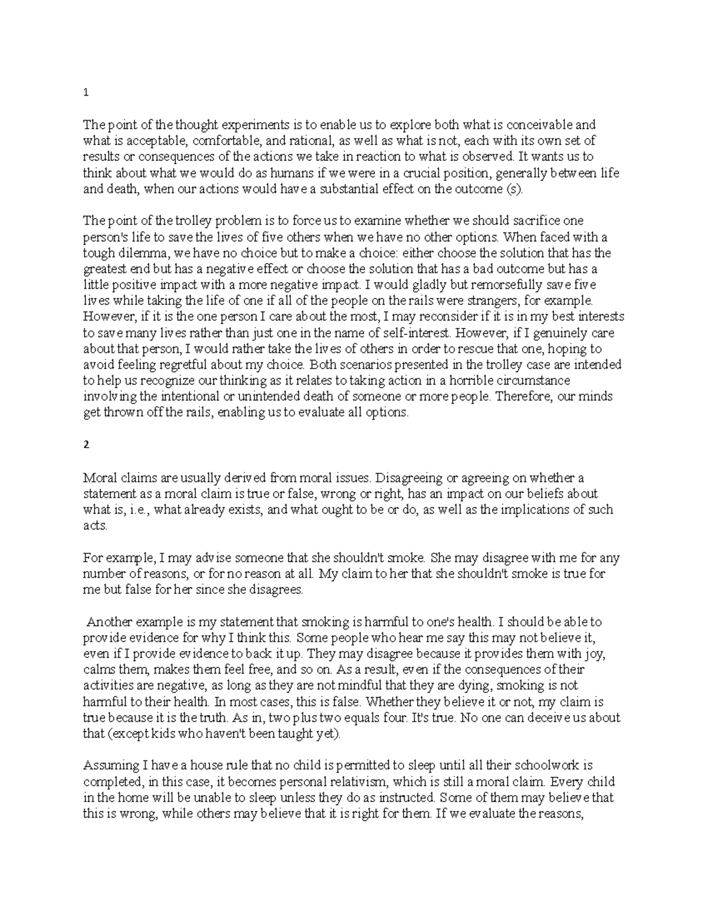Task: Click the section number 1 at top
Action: tap(86, 93)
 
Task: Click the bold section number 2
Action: tap(86, 445)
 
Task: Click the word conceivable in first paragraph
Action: tap(543, 125)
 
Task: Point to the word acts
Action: tap(95, 526)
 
